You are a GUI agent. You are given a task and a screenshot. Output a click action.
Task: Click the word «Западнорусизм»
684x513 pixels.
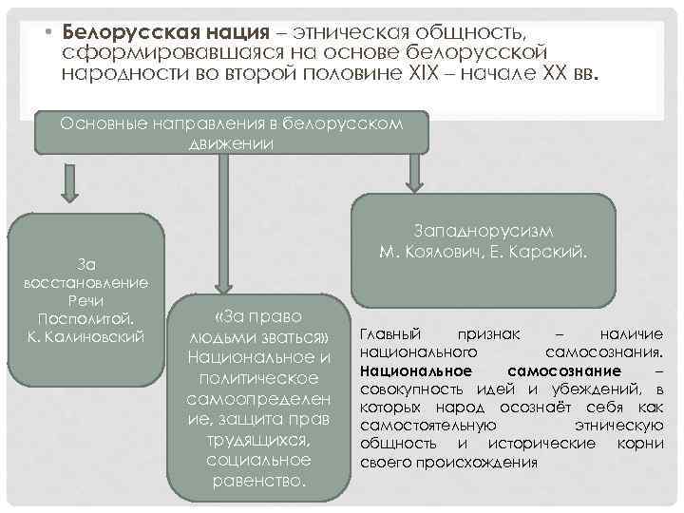(x=484, y=232)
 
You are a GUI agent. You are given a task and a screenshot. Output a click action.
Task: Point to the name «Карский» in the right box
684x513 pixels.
(x=551, y=253)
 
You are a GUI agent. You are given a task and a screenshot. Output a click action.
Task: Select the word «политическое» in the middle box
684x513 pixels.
(x=258, y=378)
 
